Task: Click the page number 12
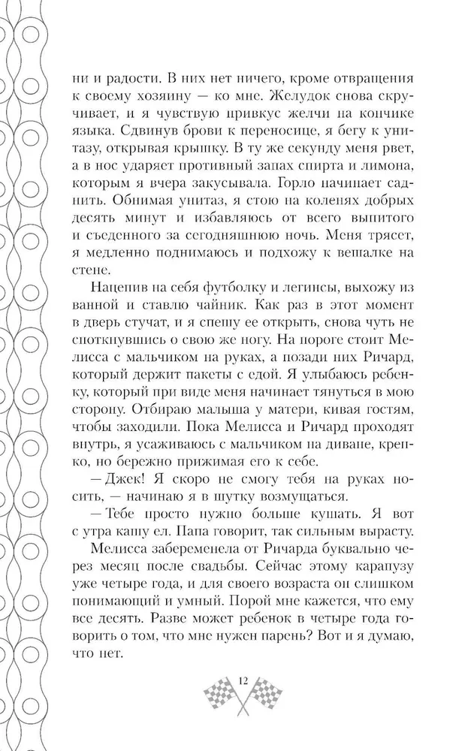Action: click(243, 680)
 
